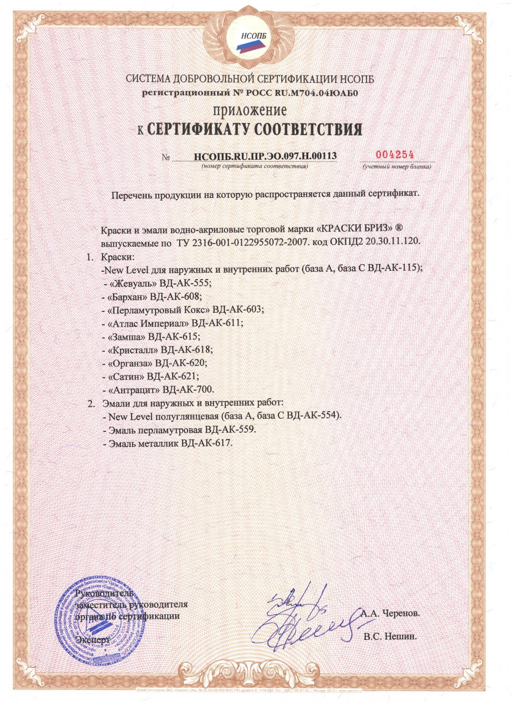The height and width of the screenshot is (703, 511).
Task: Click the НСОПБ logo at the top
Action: click(x=249, y=40)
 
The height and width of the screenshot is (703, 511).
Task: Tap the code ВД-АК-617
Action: click(x=207, y=443)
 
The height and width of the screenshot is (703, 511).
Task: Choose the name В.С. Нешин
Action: click(x=391, y=636)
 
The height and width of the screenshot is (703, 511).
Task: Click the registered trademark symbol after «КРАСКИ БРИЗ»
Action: click(x=407, y=228)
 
